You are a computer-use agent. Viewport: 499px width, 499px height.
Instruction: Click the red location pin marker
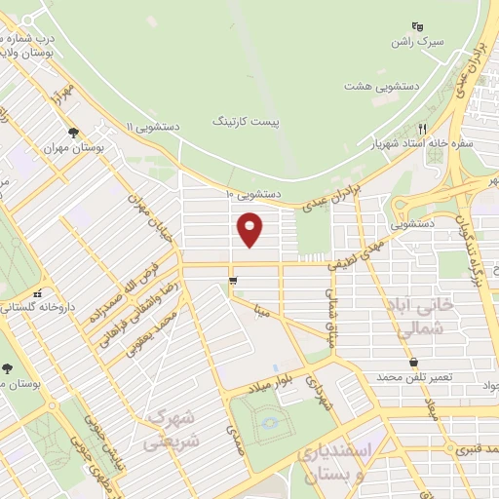(251, 230)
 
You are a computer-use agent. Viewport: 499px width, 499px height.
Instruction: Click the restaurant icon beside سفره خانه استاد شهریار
(422, 129)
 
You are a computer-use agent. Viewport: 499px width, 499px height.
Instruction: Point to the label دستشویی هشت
(377, 86)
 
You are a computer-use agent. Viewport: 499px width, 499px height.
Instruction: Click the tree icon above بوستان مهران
(73, 134)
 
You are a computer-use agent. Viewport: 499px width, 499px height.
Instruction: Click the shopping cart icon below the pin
(232, 282)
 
